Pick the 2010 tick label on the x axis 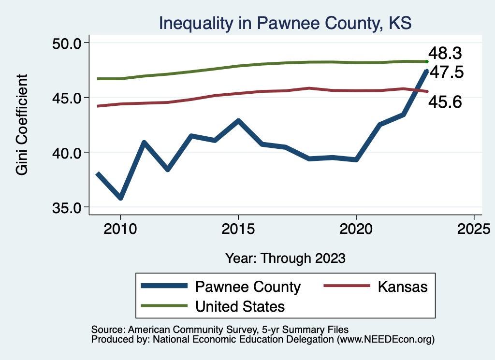pyautogui.click(x=120, y=229)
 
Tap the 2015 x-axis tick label pyautogui.click(x=238, y=229)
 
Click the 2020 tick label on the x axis pyautogui.click(x=356, y=229)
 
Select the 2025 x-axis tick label pyautogui.click(x=474, y=229)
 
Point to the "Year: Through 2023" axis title pyautogui.click(x=285, y=258)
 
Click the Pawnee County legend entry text pyautogui.click(x=248, y=287)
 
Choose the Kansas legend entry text pyautogui.click(x=403, y=287)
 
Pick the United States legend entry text pyautogui.click(x=240, y=306)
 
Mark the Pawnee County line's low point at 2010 pyautogui.click(x=120, y=198)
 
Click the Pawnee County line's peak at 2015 pyautogui.click(x=238, y=120)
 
